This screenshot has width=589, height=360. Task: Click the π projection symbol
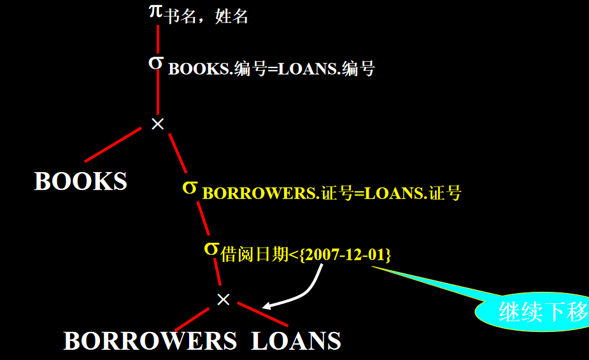[156, 11]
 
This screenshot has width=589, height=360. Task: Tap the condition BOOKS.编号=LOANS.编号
[271, 69]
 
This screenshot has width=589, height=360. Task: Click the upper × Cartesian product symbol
[157, 124]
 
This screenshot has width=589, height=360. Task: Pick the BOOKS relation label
[81, 182]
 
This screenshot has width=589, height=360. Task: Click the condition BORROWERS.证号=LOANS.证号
[332, 193]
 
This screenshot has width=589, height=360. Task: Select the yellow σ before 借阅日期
[211, 248]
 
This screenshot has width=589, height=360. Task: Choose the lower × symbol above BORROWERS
[223, 299]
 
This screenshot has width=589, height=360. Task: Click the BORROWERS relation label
[150, 342]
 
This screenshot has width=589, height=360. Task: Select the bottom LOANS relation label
[296, 341]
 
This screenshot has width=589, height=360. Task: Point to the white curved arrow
[306, 290]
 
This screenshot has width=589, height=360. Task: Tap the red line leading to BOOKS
[112, 143]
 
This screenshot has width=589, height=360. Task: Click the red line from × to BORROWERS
[191, 319]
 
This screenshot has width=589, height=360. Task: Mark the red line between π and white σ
[157, 38]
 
